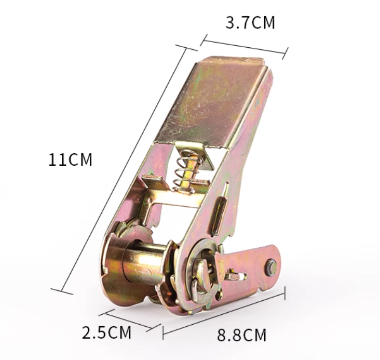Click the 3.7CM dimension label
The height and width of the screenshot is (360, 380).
[250, 23]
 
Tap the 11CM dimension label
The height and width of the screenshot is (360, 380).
[70, 159]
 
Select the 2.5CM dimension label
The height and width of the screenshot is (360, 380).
[106, 332]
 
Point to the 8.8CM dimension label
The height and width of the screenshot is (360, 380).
[241, 335]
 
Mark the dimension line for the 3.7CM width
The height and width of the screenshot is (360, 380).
[245, 47]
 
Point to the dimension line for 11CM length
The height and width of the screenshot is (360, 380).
[124, 169]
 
